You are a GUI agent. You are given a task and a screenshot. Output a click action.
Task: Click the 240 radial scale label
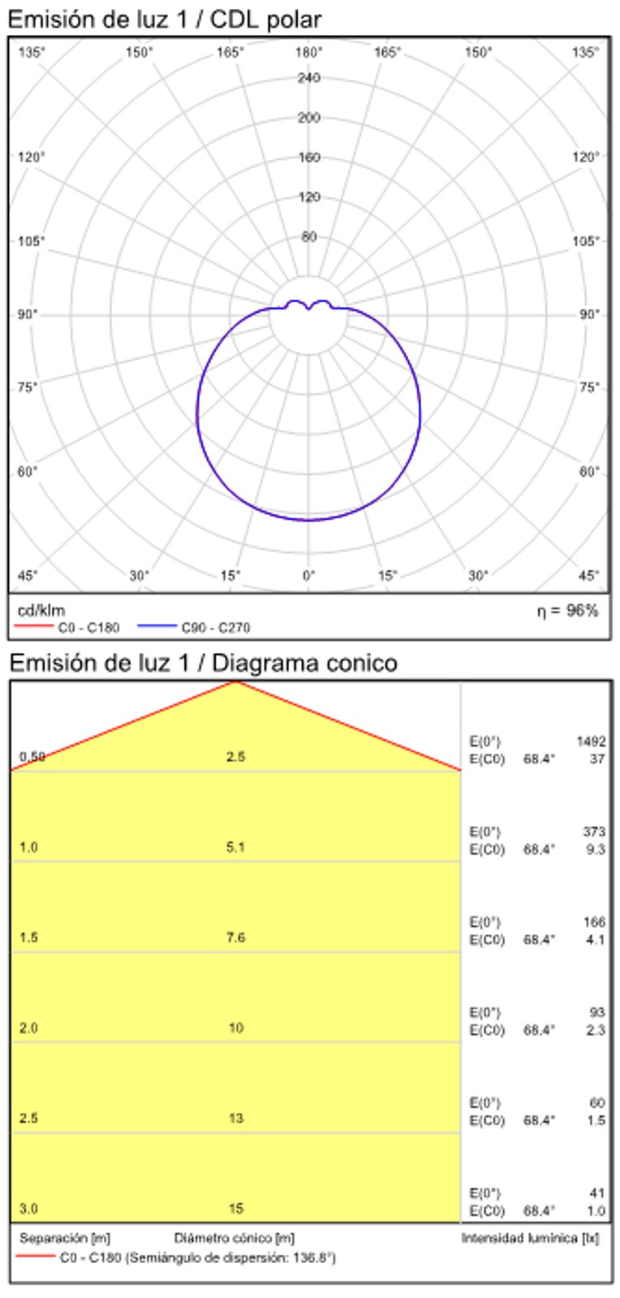coord(308,78)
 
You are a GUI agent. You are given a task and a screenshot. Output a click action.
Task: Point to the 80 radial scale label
coord(308,237)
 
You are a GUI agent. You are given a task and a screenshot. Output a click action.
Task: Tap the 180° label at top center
coord(308,53)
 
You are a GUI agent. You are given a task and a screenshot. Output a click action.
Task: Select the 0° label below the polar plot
coord(308,576)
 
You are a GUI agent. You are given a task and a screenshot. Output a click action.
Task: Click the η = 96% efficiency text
coord(566,610)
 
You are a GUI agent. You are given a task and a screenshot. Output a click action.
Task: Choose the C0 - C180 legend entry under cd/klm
coord(88,627)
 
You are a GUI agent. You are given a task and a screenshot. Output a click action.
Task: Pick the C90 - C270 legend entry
coord(215,627)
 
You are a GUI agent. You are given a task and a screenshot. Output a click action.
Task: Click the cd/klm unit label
coord(41,610)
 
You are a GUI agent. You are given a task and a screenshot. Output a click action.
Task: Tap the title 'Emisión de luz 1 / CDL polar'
coord(164,19)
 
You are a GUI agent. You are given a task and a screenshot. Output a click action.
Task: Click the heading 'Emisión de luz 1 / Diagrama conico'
coord(203,664)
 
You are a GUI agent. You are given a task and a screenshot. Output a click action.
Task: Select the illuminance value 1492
coord(591,742)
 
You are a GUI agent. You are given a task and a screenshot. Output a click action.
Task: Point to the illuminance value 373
coord(594,832)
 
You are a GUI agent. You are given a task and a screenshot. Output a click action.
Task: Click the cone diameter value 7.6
coord(235,937)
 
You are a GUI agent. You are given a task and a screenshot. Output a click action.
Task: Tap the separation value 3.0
coord(28,1209)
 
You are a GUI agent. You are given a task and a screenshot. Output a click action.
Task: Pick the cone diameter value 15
coord(235,1209)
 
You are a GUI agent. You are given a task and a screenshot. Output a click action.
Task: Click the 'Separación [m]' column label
coord(65,1239)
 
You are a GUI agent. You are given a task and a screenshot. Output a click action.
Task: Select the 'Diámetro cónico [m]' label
coord(235,1239)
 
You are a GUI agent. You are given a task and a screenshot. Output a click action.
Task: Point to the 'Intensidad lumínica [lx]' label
coord(530,1239)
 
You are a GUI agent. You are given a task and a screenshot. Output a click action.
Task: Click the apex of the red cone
coord(235,682)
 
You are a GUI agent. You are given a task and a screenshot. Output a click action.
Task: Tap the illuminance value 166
coord(594,922)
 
